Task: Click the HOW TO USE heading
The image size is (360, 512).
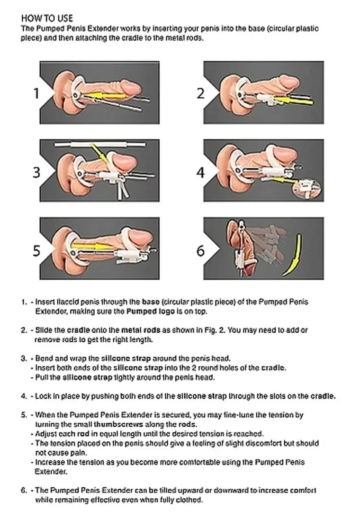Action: (47, 18)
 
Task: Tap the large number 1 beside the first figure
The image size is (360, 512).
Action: (36, 93)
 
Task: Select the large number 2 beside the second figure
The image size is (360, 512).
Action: (201, 93)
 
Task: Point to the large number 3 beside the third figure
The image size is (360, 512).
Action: (36, 172)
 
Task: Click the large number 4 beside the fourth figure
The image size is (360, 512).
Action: (201, 172)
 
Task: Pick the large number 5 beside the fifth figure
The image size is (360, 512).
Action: (36, 250)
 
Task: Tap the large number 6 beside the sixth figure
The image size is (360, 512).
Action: (201, 250)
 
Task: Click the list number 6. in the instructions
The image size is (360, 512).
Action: (24, 490)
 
